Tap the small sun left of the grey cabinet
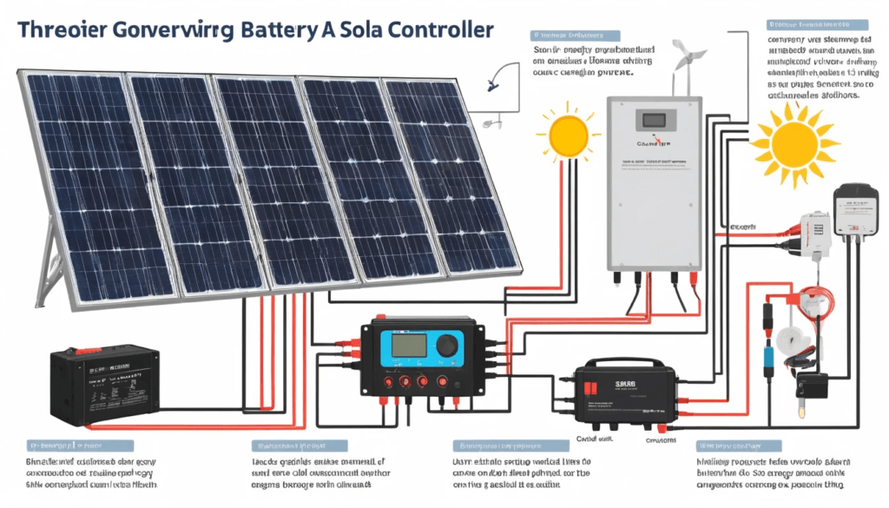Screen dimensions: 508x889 [568, 132]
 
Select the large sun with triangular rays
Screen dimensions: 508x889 [794, 141]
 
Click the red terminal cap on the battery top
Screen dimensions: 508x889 [83, 351]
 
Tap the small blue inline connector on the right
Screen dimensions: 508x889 [767, 358]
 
